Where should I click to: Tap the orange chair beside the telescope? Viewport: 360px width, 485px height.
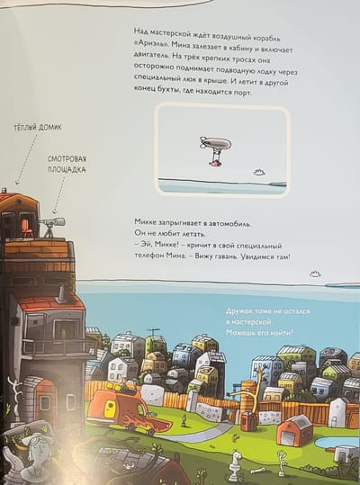pyautogui.click(x=27, y=227)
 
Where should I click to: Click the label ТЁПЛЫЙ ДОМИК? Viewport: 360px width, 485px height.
pyautogui.click(x=38, y=128)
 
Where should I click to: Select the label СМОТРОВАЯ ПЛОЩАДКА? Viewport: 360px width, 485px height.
pyautogui.click(x=67, y=165)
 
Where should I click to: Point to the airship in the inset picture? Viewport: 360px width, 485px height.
pyautogui.click(x=216, y=144)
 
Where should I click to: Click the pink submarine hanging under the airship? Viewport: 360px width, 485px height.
pyautogui.click(x=216, y=162)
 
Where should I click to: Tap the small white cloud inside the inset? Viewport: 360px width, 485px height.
pyautogui.click(x=259, y=172)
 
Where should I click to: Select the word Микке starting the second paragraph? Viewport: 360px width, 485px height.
pyautogui.click(x=146, y=221)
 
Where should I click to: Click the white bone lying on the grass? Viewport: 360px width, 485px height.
pyautogui.click(x=256, y=472)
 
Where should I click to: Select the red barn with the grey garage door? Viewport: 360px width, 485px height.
pyautogui.click(x=294, y=430)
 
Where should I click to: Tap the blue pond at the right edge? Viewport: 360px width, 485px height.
pyautogui.click(x=337, y=442)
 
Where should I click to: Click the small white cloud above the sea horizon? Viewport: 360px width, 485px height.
pyautogui.click(x=315, y=274)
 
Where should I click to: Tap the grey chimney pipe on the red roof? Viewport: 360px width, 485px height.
pyautogui.click(x=60, y=293)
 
